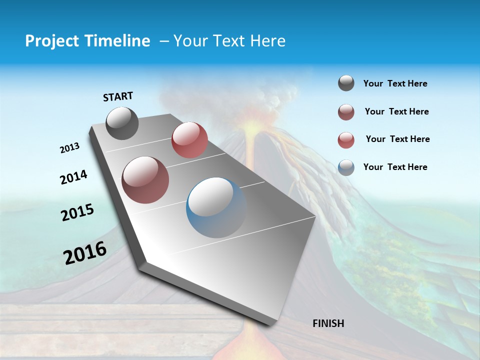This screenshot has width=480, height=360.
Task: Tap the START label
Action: coord(118,96)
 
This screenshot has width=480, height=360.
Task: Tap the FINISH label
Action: coord(328,323)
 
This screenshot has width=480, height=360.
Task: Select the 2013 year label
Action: coord(69,148)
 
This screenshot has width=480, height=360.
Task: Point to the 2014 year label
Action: coord(73,177)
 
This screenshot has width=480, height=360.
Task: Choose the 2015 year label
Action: coord(77,212)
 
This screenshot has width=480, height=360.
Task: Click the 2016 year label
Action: coord(85,253)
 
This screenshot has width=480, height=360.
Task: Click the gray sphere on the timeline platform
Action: coord(122,123)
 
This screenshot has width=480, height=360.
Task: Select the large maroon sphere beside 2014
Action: coord(145,180)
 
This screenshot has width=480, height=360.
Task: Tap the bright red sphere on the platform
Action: coord(189,139)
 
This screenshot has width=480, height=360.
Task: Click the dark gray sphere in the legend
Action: coord(346,83)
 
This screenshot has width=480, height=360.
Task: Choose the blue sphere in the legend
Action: coord(346,167)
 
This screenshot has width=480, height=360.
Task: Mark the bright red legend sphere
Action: coord(346,140)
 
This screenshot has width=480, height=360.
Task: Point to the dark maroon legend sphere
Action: coord(346,112)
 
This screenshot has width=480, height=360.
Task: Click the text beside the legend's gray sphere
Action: coord(395,84)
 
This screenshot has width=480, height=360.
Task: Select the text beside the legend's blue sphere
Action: coord(395,167)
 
